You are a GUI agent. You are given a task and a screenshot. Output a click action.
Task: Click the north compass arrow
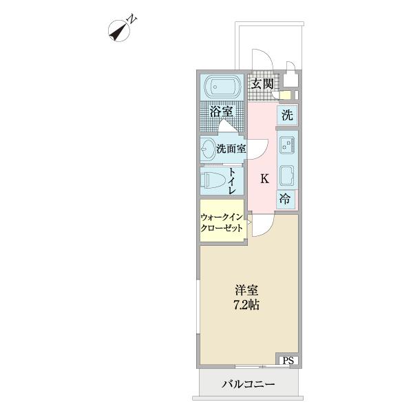[x=121, y=30]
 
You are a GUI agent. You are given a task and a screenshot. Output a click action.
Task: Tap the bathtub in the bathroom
[x=221, y=87]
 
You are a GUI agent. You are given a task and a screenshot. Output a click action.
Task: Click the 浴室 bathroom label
[x=221, y=111]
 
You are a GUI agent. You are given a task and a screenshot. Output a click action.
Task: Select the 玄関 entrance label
[x=262, y=84]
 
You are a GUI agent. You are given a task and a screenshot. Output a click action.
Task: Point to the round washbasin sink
[x=209, y=148]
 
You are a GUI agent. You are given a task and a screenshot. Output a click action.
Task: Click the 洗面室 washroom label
[x=231, y=148]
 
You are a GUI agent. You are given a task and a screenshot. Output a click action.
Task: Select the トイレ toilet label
[x=233, y=181]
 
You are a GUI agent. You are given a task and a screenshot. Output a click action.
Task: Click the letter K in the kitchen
[x=264, y=179]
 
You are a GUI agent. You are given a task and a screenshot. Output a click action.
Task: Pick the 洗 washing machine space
[x=287, y=116]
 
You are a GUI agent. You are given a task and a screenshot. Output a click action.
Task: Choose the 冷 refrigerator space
[x=286, y=200]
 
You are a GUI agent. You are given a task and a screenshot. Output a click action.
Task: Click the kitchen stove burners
[x=287, y=145]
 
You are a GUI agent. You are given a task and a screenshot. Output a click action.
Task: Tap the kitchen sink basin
[x=287, y=175]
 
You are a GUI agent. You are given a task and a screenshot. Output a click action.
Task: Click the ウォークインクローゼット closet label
[x=222, y=222]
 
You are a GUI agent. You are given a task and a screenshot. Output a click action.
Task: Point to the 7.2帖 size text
[x=246, y=306]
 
